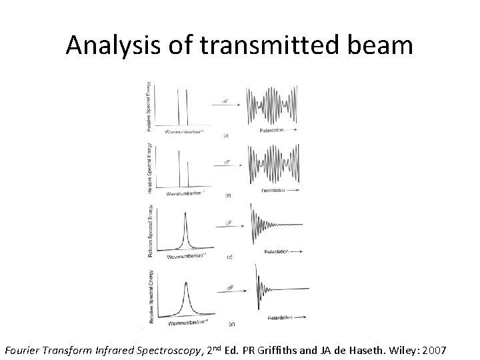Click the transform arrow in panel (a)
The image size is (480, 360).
228,101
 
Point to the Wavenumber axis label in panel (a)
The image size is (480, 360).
178,132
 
